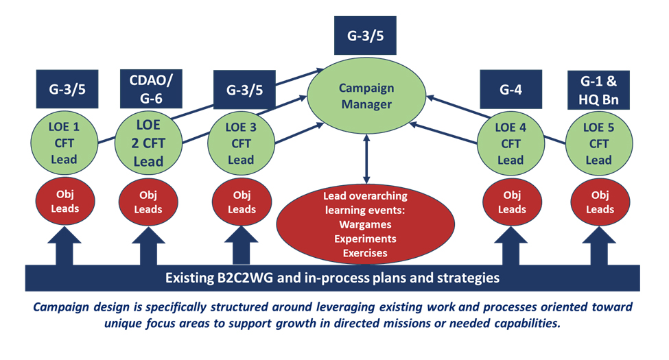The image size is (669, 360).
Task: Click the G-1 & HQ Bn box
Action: (x=600, y=91)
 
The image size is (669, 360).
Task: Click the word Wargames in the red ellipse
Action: (x=365, y=224)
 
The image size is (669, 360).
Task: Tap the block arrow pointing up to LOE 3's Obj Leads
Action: (x=242, y=243)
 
